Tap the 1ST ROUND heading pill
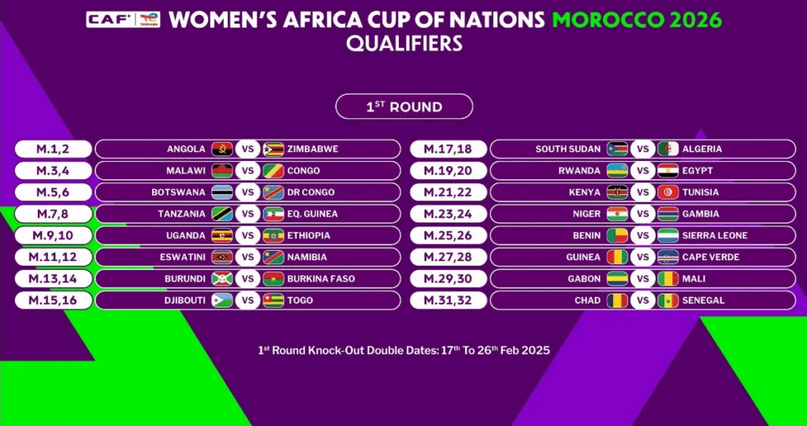click(x=403, y=106)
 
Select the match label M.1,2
click(x=53, y=148)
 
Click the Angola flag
click(x=221, y=149)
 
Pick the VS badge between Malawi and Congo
click(x=247, y=170)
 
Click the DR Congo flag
click(x=273, y=192)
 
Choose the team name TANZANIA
click(x=182, y=214)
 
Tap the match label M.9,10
click(x=53, y=235)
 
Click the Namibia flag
click(x=273, y=257)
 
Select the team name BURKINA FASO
click(x=322, y=278)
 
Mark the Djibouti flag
click(x=221, y=301)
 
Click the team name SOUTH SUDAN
click(x=568, y=149)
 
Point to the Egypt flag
click(x=668, y=170)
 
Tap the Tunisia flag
click(x=668, y=192)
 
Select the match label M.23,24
click(x=448, y=214)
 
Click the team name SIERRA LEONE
click(x=716, y=235)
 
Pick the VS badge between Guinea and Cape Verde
click(x=642, y=257)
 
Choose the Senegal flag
click(x=668, y=301)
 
